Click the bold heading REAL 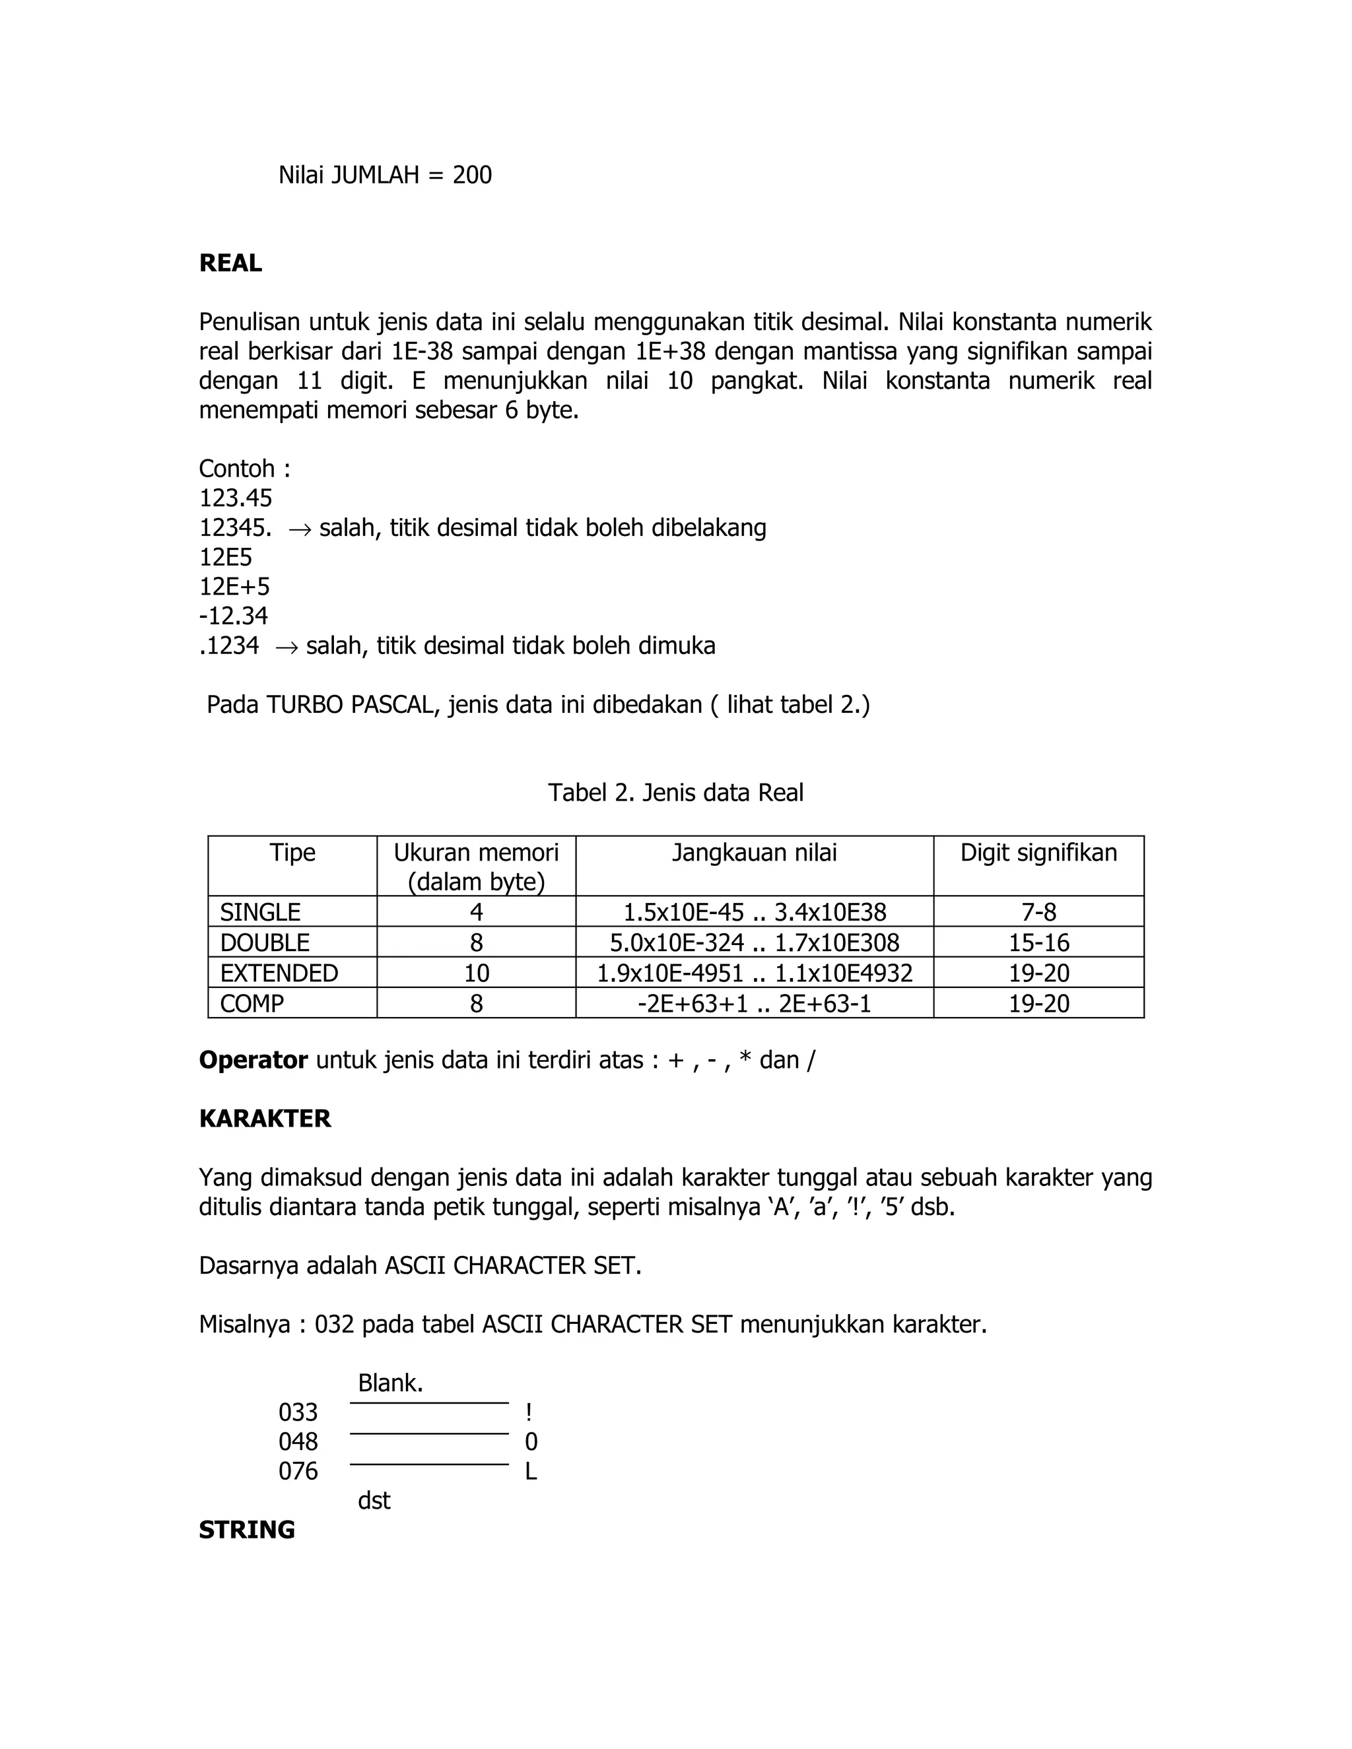pyautogui.click(x=230, y=263)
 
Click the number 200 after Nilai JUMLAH pyautogui.click(x=472, y=176)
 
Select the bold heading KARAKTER pyautogui.click(x=264, y=1119)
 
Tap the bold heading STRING pyautogui.click(x=247, y=1531)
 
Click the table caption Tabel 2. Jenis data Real pyautogui.click(x=675, y=793)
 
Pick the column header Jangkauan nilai pyautogui.click(x=754, y=853)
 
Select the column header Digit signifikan pyautogui.click(x=1038, y=853)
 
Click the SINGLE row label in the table pyautogui.click(x=260, y=912)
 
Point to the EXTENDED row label pyautogui.click(x=279, y=973)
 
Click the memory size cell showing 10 pyautogui.click(x=476, y=973)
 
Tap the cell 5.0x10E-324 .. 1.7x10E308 pyautogui.click(x=754, y=942)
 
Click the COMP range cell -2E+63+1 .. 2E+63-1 pyautogui.click(x=754, y=1003)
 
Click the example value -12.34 pyautogui.click(x=233, y=616)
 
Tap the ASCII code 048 pyautogui.click(x=298, y=1442)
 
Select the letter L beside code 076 pyautogui.click(x=530, y=1472)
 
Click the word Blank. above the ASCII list pyautogui.click(x=390, y=1383)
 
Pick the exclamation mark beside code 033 pyautogui.click(x=529, y=1412)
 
